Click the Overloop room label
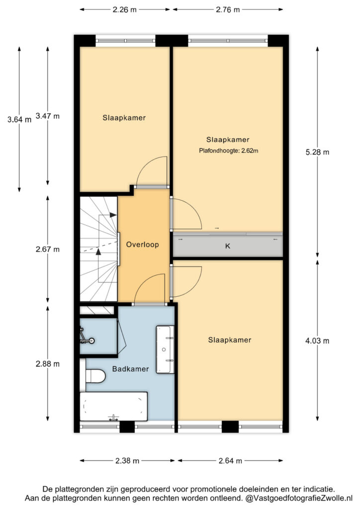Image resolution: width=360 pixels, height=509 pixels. coord(142,245)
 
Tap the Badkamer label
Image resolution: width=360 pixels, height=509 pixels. coord(130,369)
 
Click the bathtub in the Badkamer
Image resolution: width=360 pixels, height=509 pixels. coord(113,407)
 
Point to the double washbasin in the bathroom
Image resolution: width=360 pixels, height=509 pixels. coord(166,349)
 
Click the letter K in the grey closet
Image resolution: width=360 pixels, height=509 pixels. coord(228,246)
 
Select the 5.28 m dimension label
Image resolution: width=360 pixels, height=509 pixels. coord(317,152)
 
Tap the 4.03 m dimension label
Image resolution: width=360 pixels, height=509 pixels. coord(317,340)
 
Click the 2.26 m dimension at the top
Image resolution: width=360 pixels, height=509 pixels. coord(125,10)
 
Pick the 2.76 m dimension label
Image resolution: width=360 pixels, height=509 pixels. coord(228,10)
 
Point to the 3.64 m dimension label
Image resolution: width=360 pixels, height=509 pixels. coord(19,119)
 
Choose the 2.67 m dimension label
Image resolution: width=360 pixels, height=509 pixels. coord(48,250)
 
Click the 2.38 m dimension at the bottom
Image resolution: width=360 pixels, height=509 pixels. coord(127,461)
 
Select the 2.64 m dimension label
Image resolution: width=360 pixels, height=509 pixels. coord(230,461)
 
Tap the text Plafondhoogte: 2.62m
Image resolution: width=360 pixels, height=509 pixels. coord(229,151)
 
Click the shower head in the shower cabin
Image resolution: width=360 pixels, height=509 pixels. coord(92,340)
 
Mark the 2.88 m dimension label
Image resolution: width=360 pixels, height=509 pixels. coord(48,364)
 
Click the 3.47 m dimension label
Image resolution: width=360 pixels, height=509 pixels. coord(48,116)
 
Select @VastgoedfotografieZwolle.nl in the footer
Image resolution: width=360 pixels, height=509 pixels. coord(299,498)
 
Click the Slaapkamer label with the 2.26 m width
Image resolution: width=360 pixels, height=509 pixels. coord(124,118)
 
